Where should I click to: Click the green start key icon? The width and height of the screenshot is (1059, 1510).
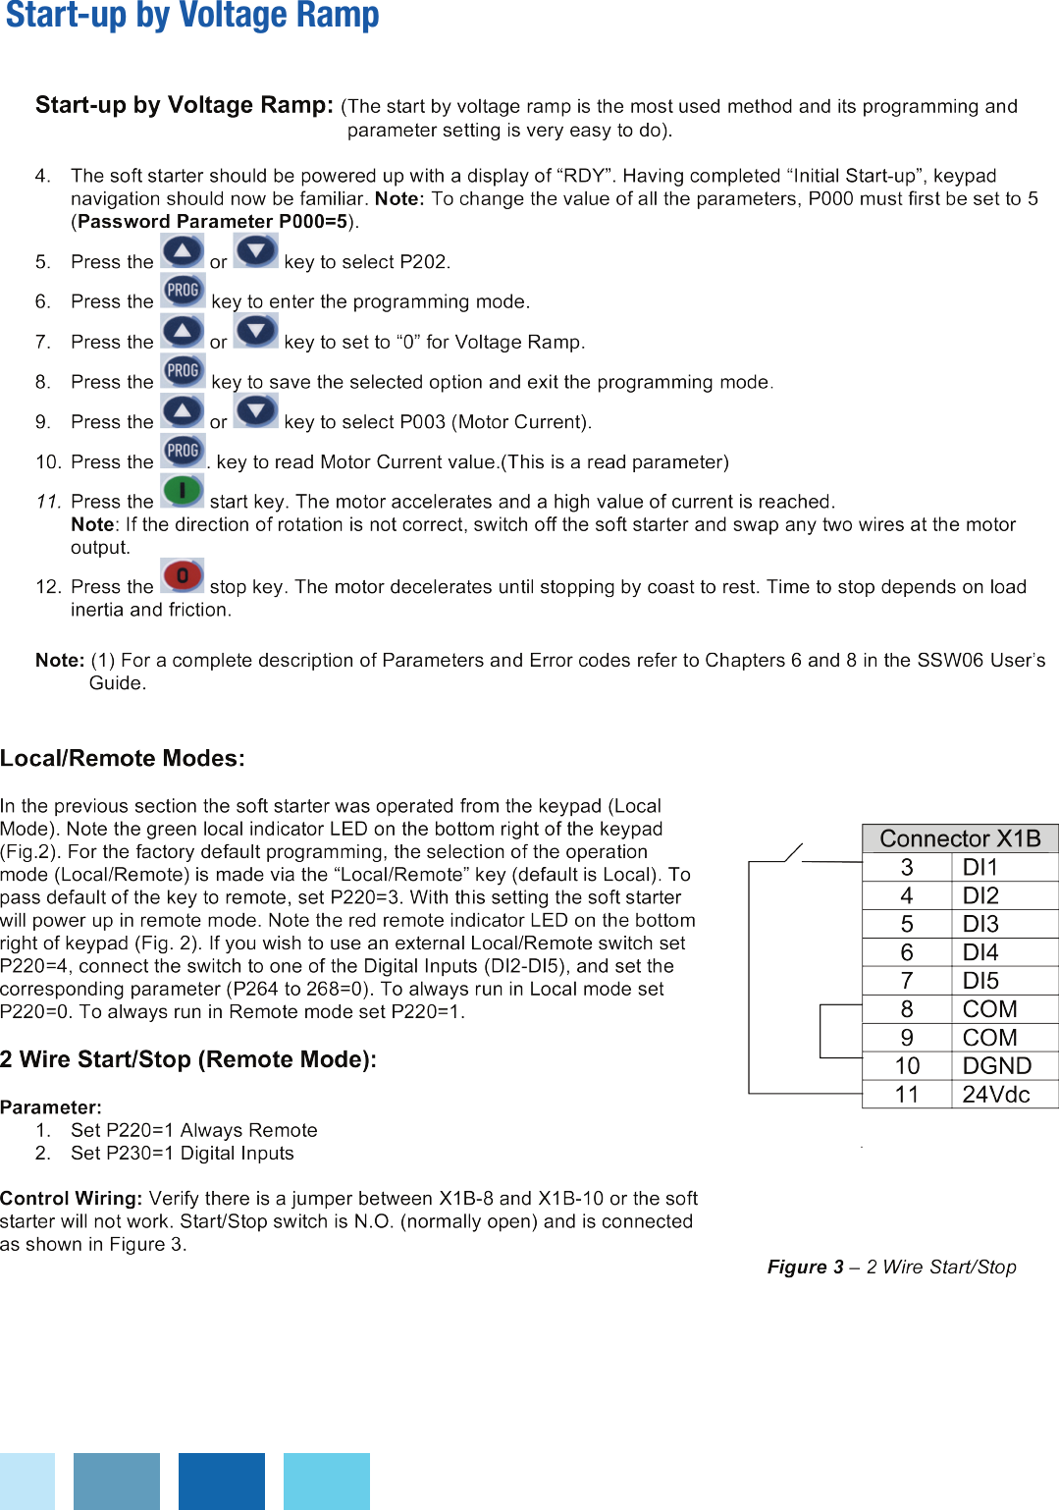183,490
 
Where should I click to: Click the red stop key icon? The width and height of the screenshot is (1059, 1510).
183,575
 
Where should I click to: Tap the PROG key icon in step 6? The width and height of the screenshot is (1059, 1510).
183,291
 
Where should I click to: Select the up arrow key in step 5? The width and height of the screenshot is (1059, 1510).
183,251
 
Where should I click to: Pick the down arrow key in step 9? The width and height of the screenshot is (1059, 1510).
256,410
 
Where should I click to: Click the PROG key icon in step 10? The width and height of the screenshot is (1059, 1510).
183,451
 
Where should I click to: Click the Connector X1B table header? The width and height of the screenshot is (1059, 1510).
960,838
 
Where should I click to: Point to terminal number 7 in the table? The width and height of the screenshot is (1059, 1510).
907,981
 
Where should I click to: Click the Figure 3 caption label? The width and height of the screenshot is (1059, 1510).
891,1267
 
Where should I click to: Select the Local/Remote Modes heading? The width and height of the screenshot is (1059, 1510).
123,758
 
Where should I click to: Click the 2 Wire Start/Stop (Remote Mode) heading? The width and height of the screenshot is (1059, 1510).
188,1059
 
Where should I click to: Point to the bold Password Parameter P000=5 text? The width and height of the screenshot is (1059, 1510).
212,221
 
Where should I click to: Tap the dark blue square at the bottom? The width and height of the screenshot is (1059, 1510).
222,1481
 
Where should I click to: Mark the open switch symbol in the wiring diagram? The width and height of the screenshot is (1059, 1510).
793,852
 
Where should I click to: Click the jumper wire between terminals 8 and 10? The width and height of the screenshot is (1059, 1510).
821,1031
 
